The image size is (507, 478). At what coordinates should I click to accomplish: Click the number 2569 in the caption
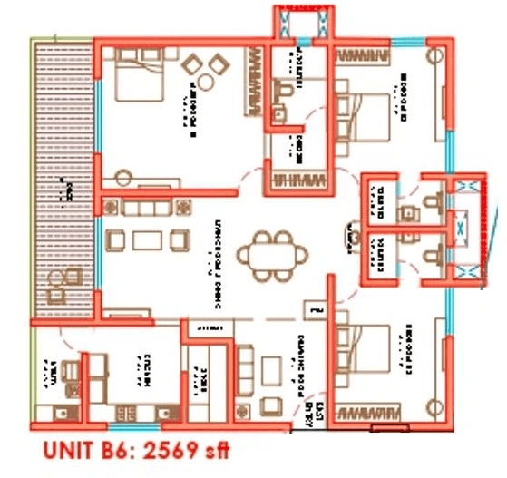click(175, 451)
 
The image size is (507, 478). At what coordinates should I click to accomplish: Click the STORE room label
click(203, 373)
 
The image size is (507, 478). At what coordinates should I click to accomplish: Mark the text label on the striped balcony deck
click(64, 190)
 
